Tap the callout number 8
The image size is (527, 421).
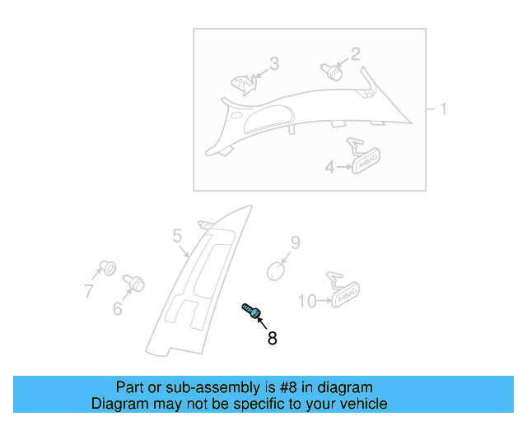point(272,337)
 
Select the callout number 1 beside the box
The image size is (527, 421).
point(442,109)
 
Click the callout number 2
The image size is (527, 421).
point(356,54)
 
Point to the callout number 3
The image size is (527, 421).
point(274,63)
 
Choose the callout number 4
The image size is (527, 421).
point(329,167)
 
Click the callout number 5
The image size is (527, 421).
point(177,237)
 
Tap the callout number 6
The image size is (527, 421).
point(117,308)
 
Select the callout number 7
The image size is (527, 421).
point(88,290)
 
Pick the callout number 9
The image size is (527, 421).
point(295,243)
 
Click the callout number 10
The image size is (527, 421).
point(306,302)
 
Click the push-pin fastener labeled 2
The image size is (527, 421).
point(332,71)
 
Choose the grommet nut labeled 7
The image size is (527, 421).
point(105,268)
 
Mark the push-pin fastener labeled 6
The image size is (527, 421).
point(133,284)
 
